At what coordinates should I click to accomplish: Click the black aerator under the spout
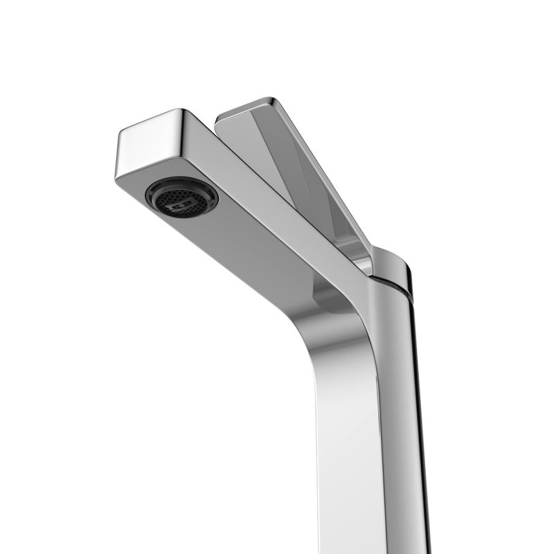(181, 197)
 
